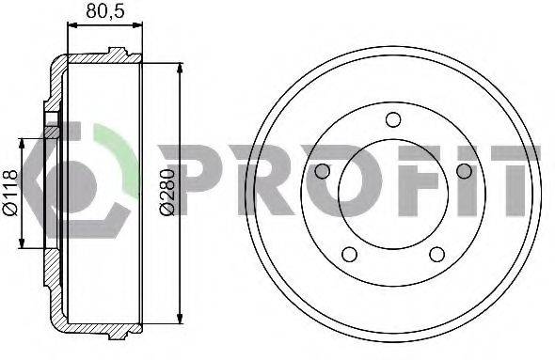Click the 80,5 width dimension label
click(105, 11)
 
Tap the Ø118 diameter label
click(10, 193)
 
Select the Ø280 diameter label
click(166, 192)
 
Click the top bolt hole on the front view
click(393, 119)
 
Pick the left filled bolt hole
click(322, 171)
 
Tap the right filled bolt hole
click(464, 171)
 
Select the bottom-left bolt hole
click(349, 255)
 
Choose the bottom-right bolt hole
click(437, 255)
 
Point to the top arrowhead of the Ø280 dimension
click(181, 69)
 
